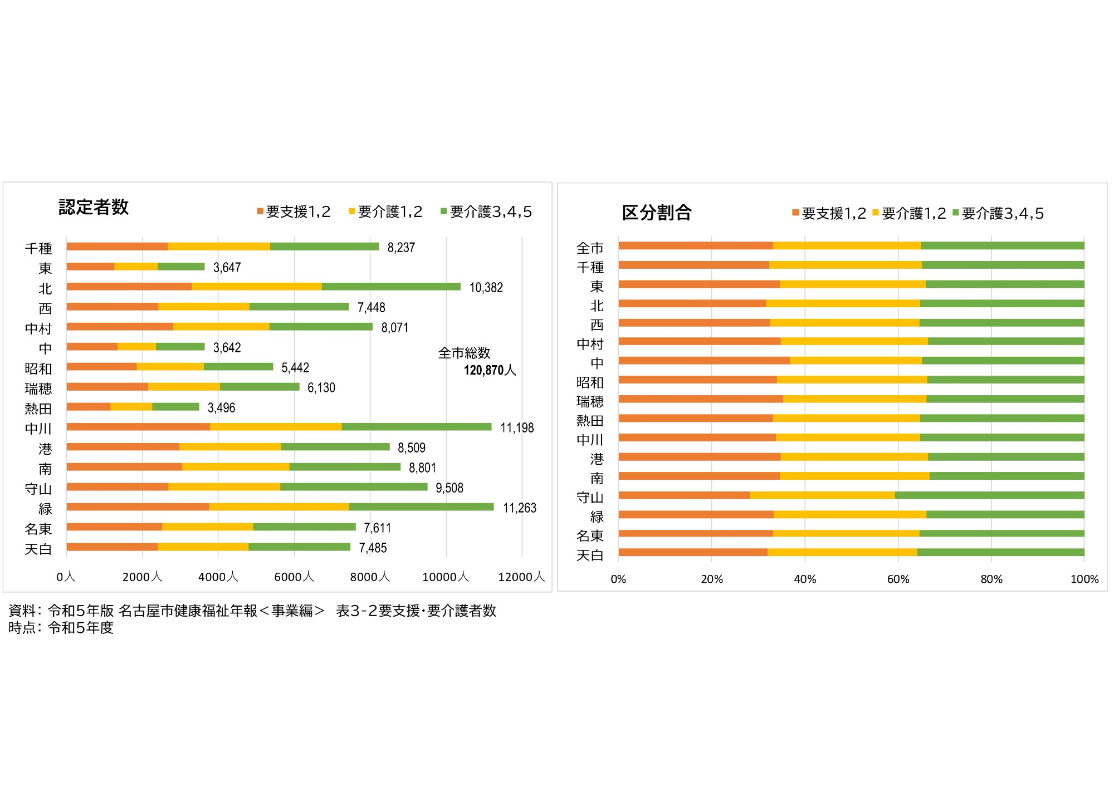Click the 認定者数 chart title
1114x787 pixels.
[x=94, y=207]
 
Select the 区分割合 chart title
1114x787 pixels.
[x=656, y=213]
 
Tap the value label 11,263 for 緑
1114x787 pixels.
[x=519, y=508]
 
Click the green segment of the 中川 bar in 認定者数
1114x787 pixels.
[x=416, y=427]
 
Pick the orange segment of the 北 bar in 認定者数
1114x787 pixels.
[x=129, y=287]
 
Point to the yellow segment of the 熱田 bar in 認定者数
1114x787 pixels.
[x=131, y=407]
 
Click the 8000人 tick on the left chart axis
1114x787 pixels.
[x=370, y=577]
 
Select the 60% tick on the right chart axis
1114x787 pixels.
[x=898, y=579]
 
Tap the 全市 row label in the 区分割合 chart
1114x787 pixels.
[x=590, y=248]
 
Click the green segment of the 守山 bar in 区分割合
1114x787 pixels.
[x=989, y=495]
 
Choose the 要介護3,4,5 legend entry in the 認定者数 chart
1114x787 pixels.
[x=486, y=212]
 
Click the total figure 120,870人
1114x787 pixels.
[x=490, y=370]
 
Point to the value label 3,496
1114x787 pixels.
[x=221, y=408]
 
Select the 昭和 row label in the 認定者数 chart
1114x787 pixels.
[x=38, y=368]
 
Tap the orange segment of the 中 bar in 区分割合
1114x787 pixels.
[x=703, y=361]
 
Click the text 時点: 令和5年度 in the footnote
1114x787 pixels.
[x=61, y=628]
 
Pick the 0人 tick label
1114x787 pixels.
[x=65, y=577]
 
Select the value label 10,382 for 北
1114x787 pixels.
[x=486, y=288]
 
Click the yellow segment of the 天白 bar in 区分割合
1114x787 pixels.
[x=842, y=552]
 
